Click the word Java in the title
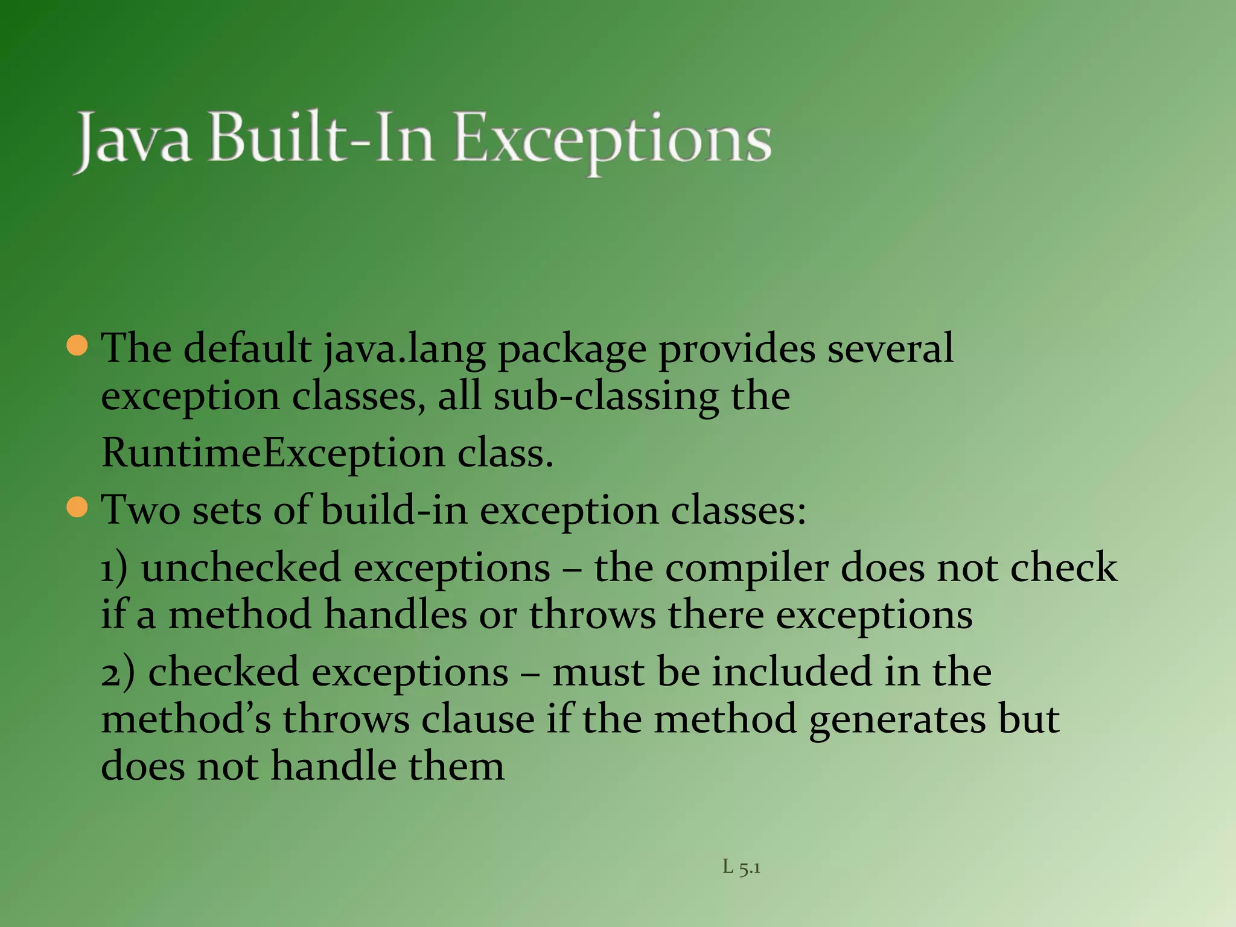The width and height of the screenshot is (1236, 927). (x=133, y=139)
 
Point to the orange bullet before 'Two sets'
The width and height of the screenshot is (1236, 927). (x=78, y=507)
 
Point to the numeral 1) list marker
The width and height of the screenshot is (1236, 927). (x=114, y=569)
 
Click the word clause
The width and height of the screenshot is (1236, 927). (x=477, y=719)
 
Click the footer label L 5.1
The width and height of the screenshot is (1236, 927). (x=741, y=868)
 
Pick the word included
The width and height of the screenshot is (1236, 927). (x=792, y=672)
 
